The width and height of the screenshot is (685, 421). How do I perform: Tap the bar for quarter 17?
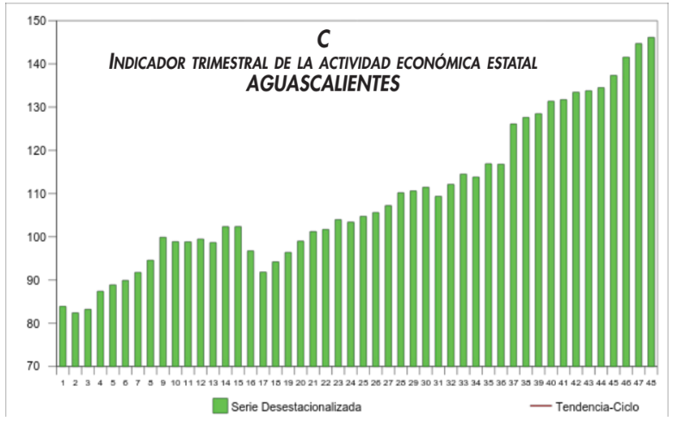(x=263, y=319)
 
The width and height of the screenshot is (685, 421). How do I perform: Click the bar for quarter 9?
(x=163, y=301)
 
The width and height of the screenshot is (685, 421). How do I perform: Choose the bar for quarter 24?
(x=350, y=294)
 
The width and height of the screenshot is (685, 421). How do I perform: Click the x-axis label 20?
(x=300, y=381)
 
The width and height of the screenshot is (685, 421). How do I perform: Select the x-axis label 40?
(x=551, y=381)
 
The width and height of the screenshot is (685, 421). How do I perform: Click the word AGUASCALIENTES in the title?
(x=324, y=84)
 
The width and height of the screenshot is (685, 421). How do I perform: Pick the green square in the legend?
(x=219, y=405)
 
